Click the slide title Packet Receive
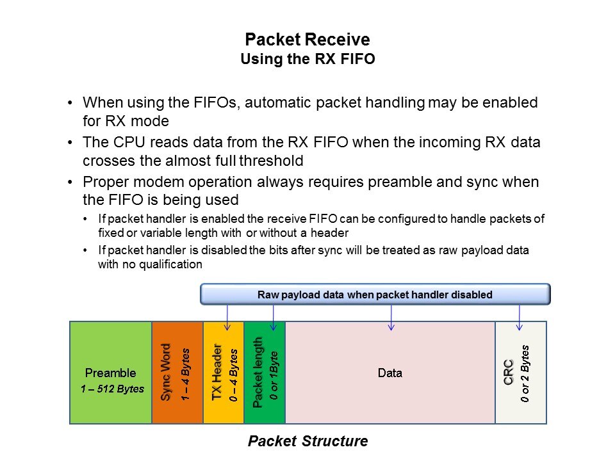pyautogui.click(x=307, y=40)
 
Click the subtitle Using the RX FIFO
pyautogui.click(x=307, y=60)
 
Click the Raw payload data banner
pyautogui.click(x=375, y=295)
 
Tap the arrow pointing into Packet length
pyautogui.click(x=274, y=318)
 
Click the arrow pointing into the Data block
pyautogui.click(x=391, y=318)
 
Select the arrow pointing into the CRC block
pyautogui.click(x=519, y=318)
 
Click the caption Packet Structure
pyautogui.click(x=307, y=441)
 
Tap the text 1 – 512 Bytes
pyautogui.click(x=112, y=389)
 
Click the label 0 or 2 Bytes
pyautogui.click(x=525, y=374)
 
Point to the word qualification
pyautogui.click(x=167, y=263)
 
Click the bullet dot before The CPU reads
pyautogui.click(x=70, y=143)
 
